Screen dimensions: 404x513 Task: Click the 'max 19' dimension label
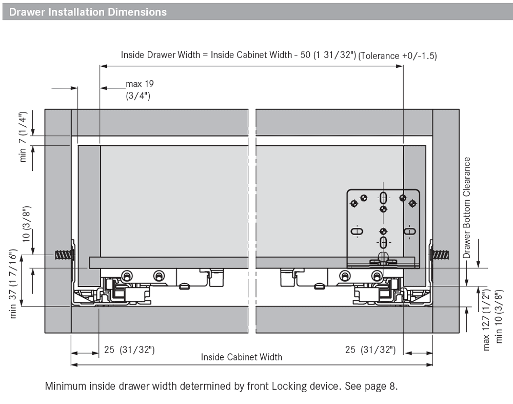point(140,84)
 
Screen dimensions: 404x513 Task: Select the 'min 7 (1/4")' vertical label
point(23,137)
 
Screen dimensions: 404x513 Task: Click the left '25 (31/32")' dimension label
point(129,350)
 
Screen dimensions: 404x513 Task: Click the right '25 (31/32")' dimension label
point(370,350)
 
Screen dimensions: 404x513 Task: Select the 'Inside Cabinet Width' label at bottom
point(241,357)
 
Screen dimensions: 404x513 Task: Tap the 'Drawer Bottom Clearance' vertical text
point(467,207)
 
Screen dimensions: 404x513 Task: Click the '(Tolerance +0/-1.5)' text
point(398,56)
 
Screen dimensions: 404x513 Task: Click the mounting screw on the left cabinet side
point(63,254)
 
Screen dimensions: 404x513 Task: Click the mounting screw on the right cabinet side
point(440,254)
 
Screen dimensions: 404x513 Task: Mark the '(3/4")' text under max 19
point(138,96)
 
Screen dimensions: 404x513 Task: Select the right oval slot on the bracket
point(409,232)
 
